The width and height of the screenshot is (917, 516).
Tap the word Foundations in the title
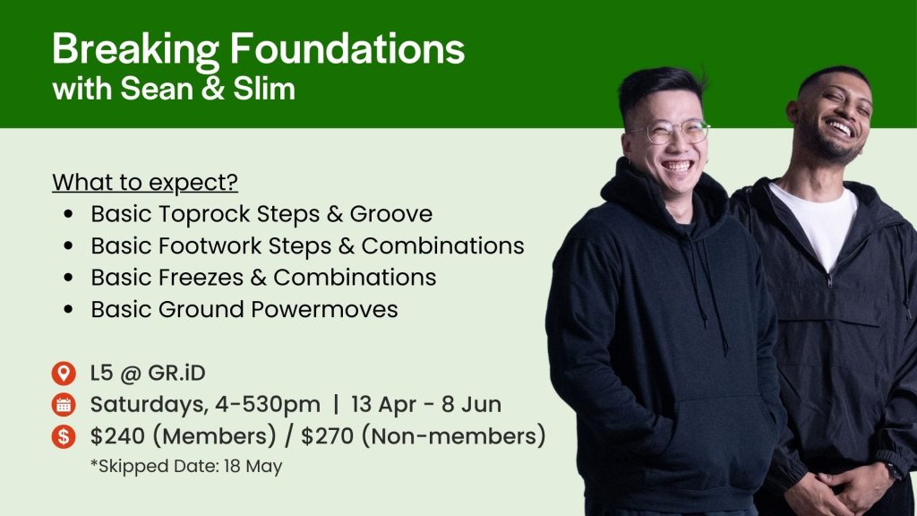click(347, 48)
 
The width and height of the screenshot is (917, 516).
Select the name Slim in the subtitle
click(264, 89)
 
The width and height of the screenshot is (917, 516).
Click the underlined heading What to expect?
click(145, 183)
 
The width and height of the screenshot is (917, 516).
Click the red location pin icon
click(64, 374)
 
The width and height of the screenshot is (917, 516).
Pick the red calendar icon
click(64, 405)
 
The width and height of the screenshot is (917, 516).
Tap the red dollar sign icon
click(64, 436)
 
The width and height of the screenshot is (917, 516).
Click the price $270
click(328, 436)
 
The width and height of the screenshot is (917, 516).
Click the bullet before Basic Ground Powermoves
click(69, 309)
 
